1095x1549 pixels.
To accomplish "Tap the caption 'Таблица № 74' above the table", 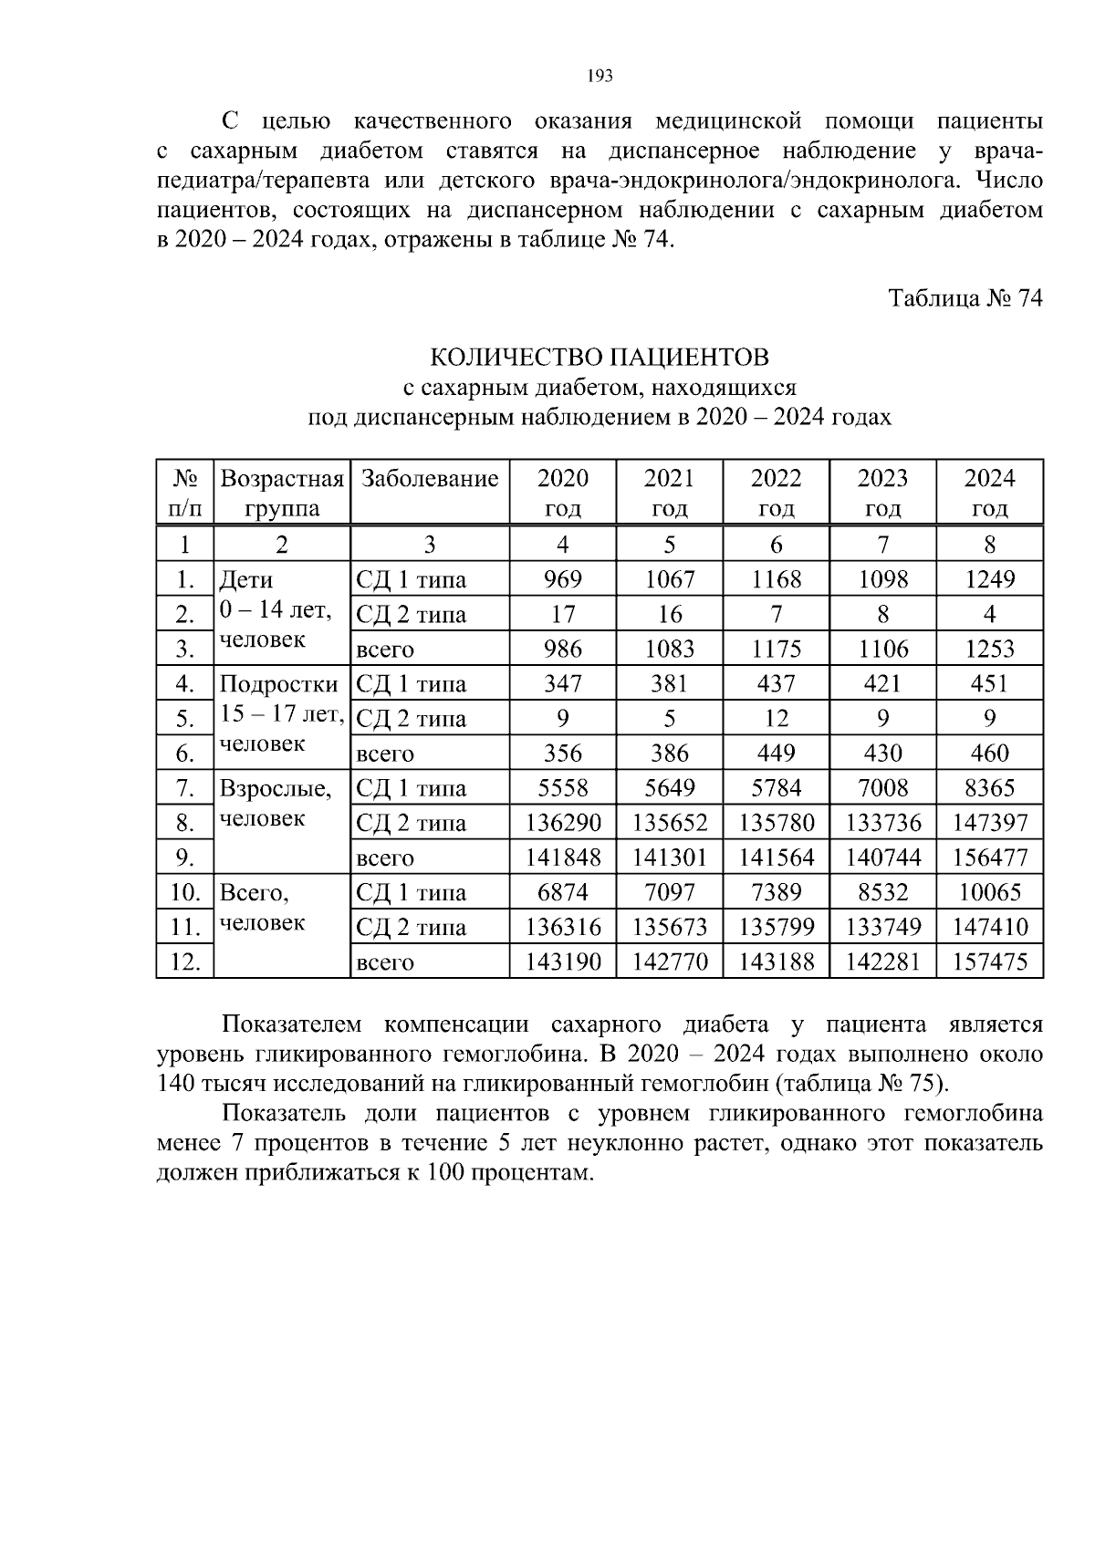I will click(x=965, y=299).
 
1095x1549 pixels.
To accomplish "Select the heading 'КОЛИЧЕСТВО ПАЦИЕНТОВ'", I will click(x=599, y=356).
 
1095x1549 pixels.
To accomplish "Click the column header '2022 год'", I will click(x=776, y=493).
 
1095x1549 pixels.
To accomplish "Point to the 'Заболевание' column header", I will click(x=430, y=479).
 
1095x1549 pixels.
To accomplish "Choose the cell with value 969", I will click(x=563, y=580).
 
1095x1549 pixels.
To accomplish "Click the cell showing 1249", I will click(x=990, y=580).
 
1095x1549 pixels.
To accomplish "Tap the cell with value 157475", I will click(x=990, y=962).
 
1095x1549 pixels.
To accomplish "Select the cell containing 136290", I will click(x=563, y=824).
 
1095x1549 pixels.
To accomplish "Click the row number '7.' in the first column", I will click(x=185, y=789).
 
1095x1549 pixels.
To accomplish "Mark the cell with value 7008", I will click(x=883, y=789).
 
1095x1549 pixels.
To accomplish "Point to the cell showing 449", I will click(x=776, y=754).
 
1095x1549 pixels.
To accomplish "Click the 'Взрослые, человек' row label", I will click(x=276, y=804).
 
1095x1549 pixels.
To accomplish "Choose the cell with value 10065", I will click(x=990, y=893).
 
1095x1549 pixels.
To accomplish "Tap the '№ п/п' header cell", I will click(x=185, y=493).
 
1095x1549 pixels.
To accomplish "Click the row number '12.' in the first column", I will click(x=185, y=962).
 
